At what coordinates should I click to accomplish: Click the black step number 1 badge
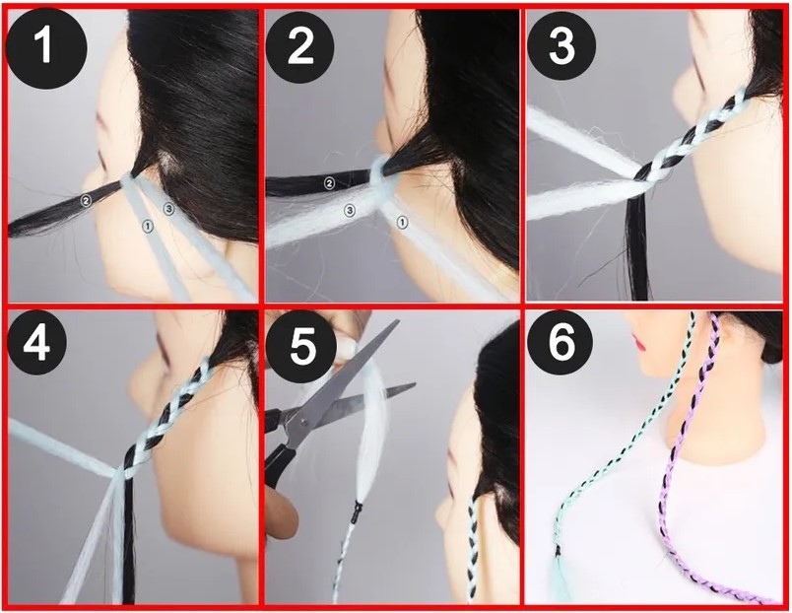pos(46,48)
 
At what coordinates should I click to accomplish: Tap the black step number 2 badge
pos(300,46)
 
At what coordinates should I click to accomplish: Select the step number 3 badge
pos(561,45)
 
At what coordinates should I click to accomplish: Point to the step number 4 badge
pos(37,343)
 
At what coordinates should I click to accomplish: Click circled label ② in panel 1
pos(87,201)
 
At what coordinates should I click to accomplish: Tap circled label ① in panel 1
pos(147,227)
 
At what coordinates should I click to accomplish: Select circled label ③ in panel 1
pos(168,207)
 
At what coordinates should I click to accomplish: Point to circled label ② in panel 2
pos(329,183)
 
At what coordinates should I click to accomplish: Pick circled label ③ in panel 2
pos(350,211)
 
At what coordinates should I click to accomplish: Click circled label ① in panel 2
pos(403,222)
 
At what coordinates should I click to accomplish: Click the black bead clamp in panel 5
pos(359,511)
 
